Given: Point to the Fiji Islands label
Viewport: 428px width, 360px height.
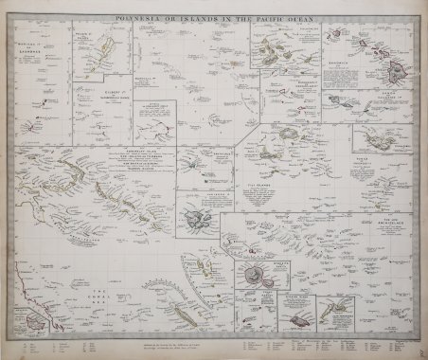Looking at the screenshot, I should (x=282, y=187).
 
